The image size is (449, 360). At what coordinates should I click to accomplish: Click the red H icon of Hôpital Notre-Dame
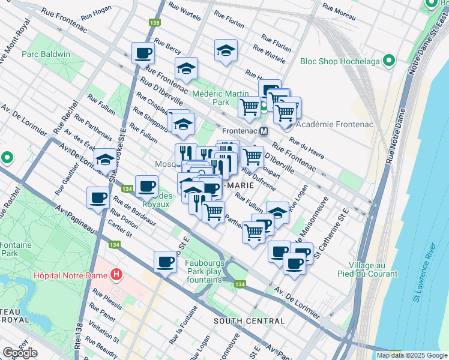pos(117,275)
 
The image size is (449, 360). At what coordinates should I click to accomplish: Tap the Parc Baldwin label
pos(46,54)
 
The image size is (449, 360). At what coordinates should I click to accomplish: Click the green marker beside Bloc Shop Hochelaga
pos(390,61)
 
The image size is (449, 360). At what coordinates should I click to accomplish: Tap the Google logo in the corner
pos(20,353)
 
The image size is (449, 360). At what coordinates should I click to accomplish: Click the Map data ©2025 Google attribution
pos(411,355)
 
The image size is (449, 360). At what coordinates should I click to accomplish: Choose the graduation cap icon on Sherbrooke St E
pos(106,161)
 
